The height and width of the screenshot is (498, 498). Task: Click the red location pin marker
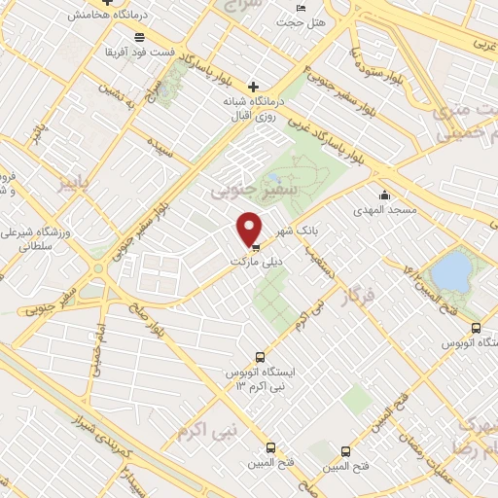(250, 229)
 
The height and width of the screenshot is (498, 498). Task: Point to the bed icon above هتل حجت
(300, 7)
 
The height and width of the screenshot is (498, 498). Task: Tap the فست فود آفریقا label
(116, 51)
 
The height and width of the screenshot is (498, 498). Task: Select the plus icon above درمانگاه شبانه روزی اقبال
(254, 86)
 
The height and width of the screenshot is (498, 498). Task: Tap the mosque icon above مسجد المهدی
(385, 195)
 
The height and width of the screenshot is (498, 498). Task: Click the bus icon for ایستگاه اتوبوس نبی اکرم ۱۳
(259, 356)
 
